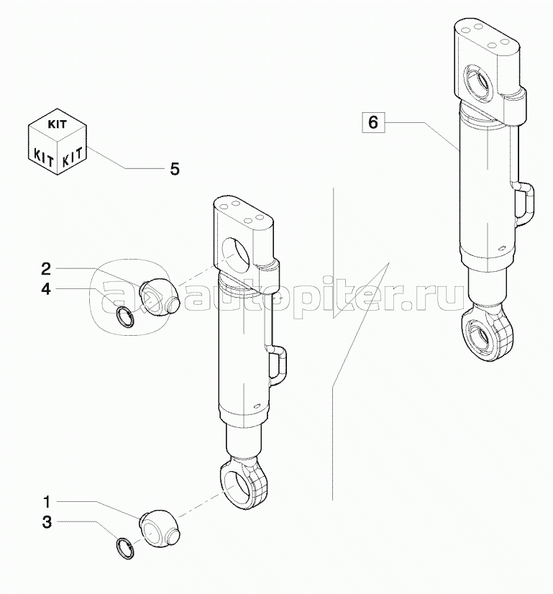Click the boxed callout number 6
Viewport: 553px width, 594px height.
(x=373, y=122)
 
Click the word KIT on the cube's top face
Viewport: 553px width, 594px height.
(x=57, y=123)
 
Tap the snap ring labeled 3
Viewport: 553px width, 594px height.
(x=125, y=547)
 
